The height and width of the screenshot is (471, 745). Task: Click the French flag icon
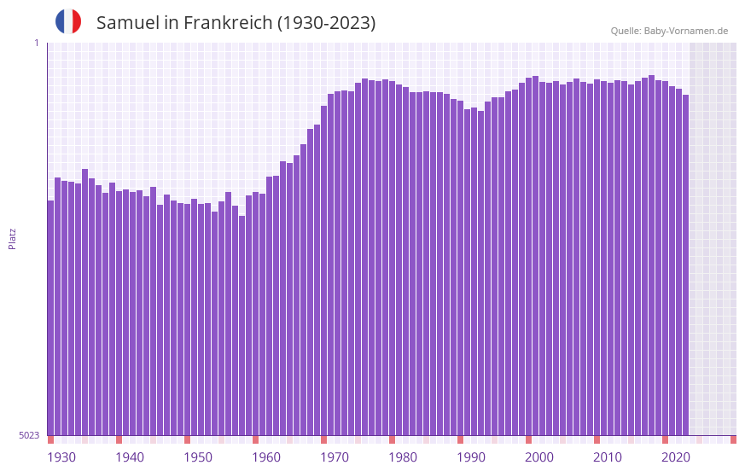pos(68,21)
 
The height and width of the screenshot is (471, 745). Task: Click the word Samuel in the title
pos(125,23)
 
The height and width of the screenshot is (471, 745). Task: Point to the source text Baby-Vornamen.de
pos(685,31)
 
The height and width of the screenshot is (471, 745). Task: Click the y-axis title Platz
pos(12,238)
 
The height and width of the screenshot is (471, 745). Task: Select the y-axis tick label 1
pos(36,43)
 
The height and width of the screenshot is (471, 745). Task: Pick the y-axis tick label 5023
pos(29,435)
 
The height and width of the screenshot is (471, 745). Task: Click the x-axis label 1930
pos(61,457)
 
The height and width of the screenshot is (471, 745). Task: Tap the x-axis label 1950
pos(198,457)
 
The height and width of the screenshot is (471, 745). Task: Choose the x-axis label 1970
pos(335,457)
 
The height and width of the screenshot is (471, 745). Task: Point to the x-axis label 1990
pos(471,457)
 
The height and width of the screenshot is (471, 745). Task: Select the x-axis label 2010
pos(608,457)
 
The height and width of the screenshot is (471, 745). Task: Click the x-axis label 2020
pos(676,457)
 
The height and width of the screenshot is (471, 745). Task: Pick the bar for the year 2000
pos(528,256)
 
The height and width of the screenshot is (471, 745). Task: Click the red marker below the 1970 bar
pos(323,439)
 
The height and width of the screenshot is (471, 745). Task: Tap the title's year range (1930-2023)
pos(326,23)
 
